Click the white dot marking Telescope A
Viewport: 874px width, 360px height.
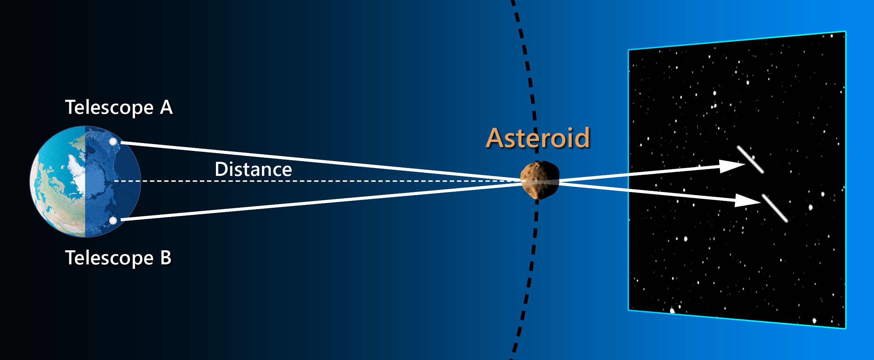[x=113, y=142]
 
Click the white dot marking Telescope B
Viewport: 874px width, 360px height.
[x=112, y=220]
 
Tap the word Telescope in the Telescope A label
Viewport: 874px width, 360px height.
[x=109, y=108]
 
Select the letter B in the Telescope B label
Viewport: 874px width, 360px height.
[x=166, y=257]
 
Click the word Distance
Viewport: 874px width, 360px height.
[x=253, y=169]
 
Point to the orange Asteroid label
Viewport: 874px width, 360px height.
[x=538, y=138]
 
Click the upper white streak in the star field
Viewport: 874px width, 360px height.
[x=750, y=160]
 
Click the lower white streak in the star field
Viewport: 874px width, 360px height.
[x=775, y=208]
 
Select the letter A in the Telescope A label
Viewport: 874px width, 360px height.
[x=166, y=108]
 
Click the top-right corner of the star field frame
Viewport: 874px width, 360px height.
[x=845, y=32]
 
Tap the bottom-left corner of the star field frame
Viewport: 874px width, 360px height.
[x=629, y=310]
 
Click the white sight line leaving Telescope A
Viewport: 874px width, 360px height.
[x=320, y=161]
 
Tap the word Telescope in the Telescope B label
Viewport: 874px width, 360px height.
[x=109, y=258]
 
